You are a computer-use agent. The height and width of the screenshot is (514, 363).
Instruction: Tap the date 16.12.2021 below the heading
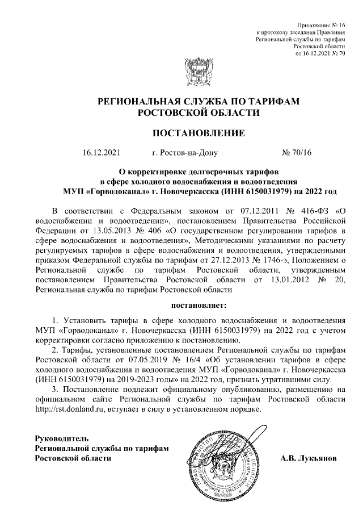(x=102, y=153)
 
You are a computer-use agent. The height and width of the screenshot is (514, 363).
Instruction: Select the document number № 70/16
(x=296, y=153)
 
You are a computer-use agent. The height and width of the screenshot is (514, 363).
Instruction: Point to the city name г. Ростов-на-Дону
(x=181, y=153)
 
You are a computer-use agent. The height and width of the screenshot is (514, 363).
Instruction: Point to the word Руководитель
(x=62, y=438)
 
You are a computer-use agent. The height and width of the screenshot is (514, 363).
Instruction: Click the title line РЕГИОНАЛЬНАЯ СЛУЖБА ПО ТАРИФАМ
(x=198, y=101)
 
